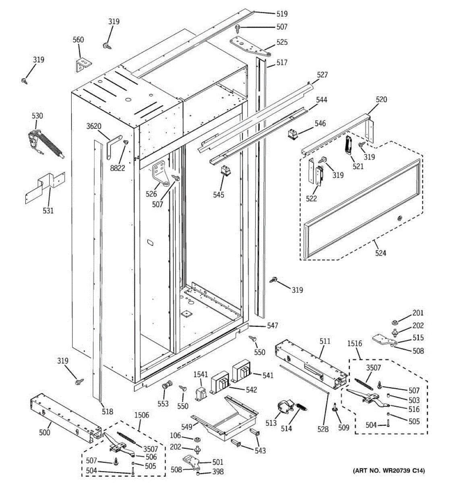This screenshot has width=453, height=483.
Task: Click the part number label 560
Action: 78,39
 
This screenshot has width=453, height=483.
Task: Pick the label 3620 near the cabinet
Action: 93,126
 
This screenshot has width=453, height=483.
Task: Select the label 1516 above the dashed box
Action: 354,343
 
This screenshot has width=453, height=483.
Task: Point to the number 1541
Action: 201,374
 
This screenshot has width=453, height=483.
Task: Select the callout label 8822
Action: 118,168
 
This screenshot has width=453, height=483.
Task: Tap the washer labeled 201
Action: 395,322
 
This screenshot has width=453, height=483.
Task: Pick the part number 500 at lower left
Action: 45,432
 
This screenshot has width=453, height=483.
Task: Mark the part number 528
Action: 323,429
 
